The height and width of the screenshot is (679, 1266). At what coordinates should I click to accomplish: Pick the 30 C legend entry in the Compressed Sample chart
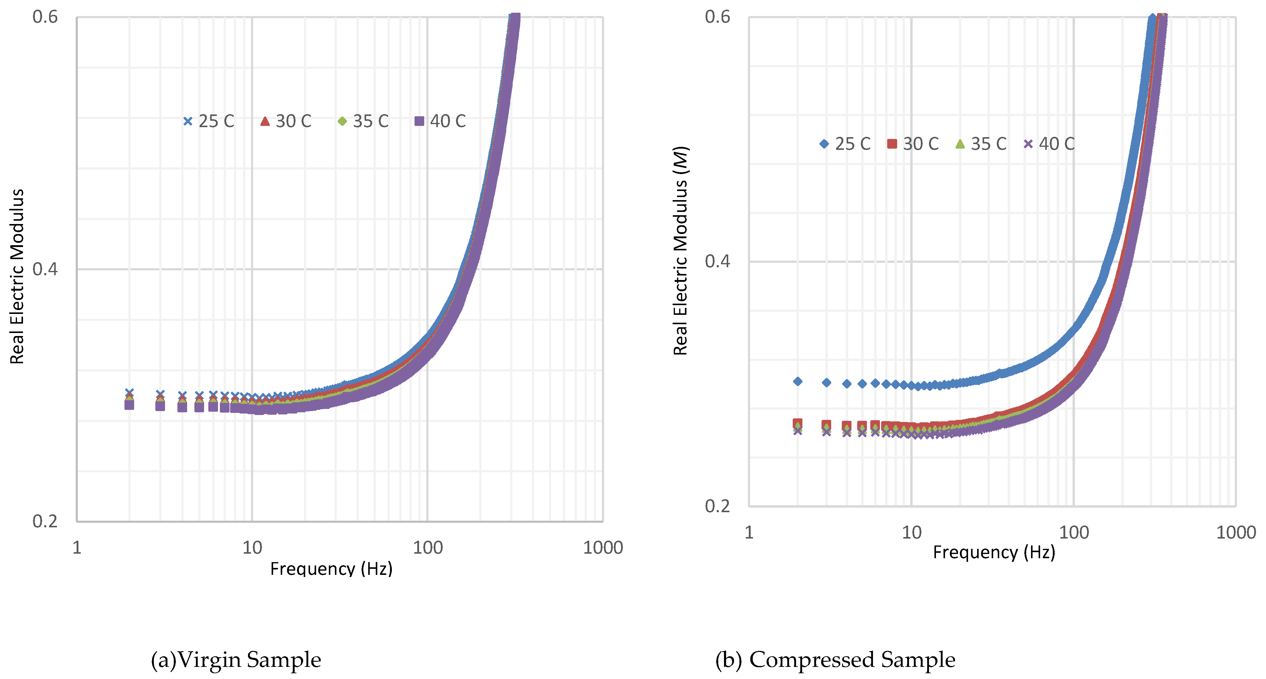tap(913, 144)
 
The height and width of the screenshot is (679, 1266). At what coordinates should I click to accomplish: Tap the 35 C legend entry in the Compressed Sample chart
tap(981, 144)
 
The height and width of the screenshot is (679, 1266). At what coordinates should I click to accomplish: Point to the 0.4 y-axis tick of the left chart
tap(45, 269)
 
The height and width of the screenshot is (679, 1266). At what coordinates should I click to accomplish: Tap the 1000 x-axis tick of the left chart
tap(603, 547)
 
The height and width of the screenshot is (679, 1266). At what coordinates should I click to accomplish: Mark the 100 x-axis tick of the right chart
tap(1073, 532)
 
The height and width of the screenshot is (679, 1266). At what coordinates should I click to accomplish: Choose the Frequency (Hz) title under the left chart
tap(331, 569)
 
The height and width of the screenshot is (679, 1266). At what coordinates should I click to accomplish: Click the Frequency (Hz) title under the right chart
tap(994, 552)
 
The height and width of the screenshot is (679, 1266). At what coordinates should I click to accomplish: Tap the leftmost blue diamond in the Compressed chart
tap(798, 381)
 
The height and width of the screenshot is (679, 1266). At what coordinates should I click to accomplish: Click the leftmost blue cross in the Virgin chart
tap(129, 393)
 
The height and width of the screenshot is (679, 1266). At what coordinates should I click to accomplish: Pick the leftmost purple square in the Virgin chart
tap(129, 405)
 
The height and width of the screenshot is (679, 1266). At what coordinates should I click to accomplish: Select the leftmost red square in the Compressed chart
tap(798, 423)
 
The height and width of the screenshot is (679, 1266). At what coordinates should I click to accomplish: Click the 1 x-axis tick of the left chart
tap(77, 547)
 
